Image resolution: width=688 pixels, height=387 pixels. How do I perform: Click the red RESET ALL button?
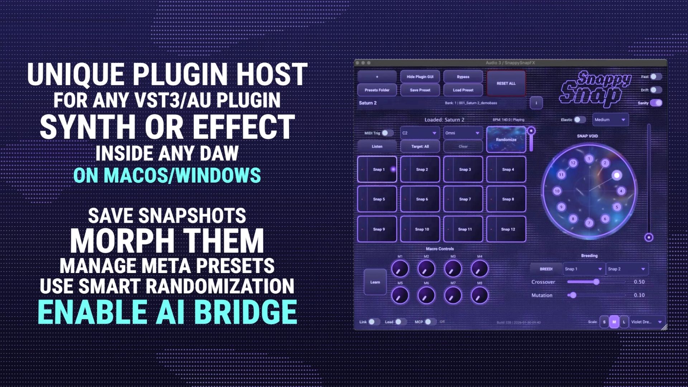coord(506,83)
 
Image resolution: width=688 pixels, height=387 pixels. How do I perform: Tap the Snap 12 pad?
coord(506,229)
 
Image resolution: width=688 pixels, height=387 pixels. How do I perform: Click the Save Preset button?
coord(420,90)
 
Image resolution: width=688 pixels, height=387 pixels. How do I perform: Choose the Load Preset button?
coord(463,90)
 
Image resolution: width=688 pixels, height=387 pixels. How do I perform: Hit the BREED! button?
coord(546,269)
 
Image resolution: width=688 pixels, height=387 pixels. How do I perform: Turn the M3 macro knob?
coord(453,269)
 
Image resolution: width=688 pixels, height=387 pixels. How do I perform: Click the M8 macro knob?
coord(479,296)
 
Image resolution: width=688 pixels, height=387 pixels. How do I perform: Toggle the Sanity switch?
coord(656,103)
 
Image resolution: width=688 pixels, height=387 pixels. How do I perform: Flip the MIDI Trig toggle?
coord(387,133)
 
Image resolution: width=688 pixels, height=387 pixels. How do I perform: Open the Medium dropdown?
coord(610,120)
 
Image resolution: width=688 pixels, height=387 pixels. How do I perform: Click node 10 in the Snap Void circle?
coord(557,191)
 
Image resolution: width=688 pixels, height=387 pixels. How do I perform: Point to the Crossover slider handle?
coord(596,282)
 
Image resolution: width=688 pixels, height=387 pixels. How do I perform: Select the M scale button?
coord(614,322)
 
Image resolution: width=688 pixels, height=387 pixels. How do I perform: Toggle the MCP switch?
coord(430,322)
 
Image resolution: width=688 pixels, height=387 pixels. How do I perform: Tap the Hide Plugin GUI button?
coord(420,77)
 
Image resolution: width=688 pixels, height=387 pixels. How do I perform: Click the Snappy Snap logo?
coord(595,89)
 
